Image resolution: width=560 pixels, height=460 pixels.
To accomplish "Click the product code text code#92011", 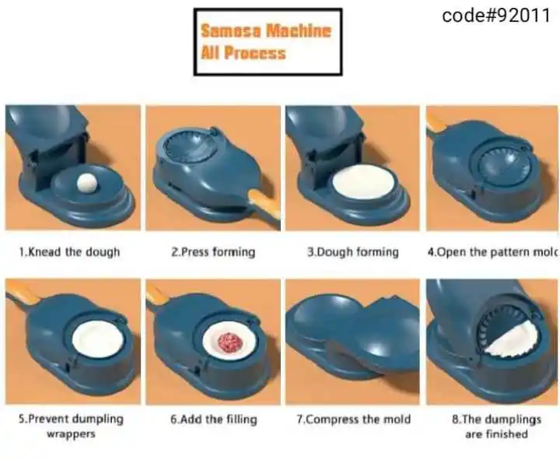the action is (x=496, y=16).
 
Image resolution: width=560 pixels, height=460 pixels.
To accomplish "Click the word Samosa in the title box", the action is (x=231, y=30).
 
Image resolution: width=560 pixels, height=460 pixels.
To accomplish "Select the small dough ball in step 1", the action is (x=87, y=184).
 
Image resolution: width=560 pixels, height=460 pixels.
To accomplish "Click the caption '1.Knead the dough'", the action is (x=69, y=252).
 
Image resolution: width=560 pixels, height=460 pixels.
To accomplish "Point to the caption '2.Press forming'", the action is (x=213, y=252).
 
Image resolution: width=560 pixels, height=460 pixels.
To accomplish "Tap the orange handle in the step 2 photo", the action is (x=264, y=207).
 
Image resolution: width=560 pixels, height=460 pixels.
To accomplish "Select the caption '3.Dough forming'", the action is (x=353, y=252).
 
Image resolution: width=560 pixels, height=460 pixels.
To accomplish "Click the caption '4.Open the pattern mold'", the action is (x=492, y=252).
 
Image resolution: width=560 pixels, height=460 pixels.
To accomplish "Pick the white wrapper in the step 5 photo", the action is (x=98, y=339).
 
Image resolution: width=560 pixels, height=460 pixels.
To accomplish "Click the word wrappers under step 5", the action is (x=72, y=434).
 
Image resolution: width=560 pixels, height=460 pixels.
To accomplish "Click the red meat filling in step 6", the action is (x=230, y=342).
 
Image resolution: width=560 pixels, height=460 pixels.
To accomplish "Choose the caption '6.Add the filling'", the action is (x=214, y=419).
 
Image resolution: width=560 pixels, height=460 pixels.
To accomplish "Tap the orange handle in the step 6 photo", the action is (x=157, y=294).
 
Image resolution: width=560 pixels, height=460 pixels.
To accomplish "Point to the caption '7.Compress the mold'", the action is (x=354, y=419).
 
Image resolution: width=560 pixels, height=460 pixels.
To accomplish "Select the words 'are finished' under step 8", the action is (x=496, y=434).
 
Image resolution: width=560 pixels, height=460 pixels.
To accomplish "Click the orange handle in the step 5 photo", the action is (x=22, y=293).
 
